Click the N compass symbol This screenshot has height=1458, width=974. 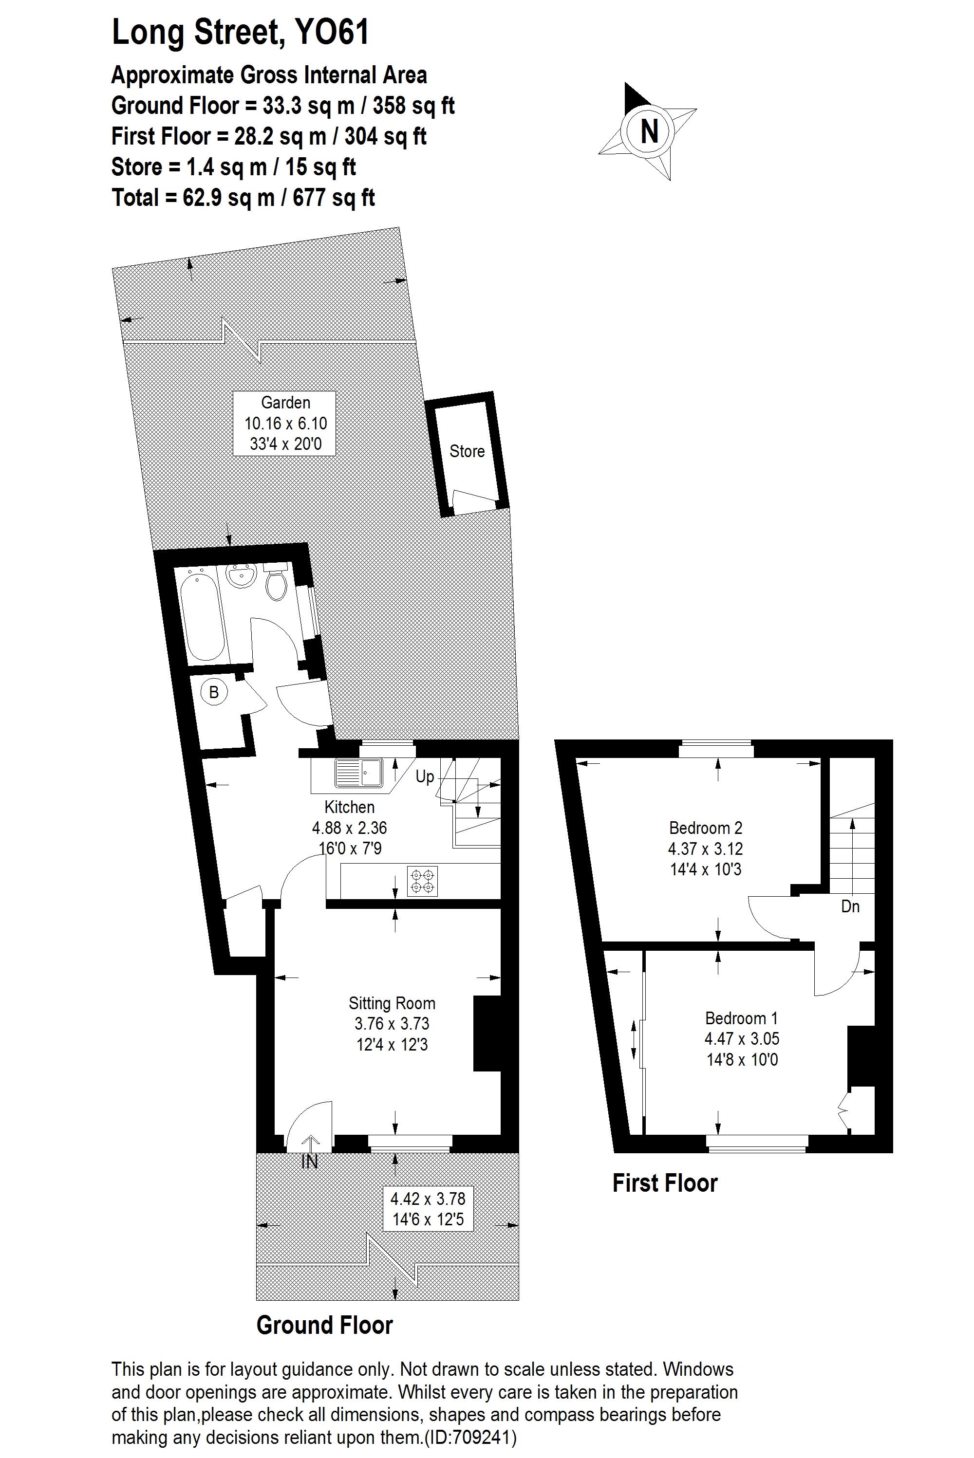[649, 131]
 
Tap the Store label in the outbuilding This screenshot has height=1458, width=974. [467, 451]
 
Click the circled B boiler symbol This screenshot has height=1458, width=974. [214, 692]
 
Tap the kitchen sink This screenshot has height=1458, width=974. [360, 774]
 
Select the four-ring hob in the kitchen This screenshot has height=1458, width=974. [422, 881]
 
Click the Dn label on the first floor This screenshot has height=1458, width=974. [850, 906]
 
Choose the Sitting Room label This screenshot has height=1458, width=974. [392, 1003]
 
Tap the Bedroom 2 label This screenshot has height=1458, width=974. [706, 828]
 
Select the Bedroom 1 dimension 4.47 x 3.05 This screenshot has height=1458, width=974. [742, 1039]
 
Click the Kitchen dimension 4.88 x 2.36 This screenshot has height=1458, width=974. [349, 828]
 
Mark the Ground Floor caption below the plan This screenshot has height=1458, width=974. [324, 1325]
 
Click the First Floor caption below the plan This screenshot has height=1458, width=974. [665, 1183]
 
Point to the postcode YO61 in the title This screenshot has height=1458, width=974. [332, 32]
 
